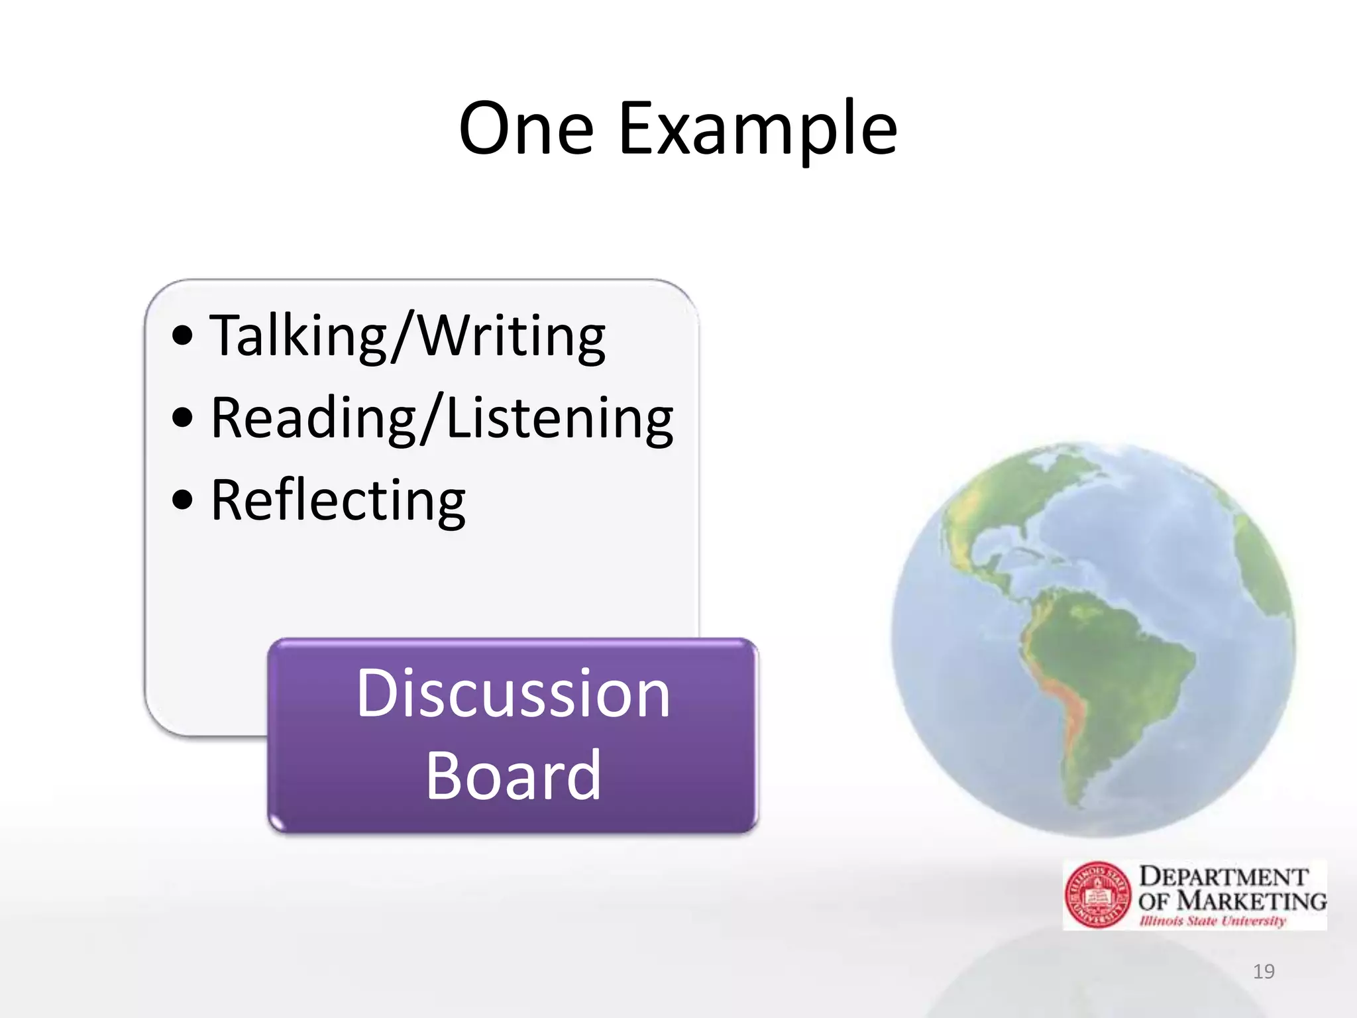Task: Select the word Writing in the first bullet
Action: pos(512,336)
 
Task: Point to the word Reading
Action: pos(313,418)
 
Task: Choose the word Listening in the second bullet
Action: pos(560,418)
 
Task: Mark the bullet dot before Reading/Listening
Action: pos(182,418)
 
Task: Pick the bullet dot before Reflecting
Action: pos(182,500)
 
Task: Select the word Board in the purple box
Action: pos(513,775)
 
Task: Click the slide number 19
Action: pos(1264,972)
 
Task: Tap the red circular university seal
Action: pos(1098,895)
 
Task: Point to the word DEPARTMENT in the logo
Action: pos(1223,876)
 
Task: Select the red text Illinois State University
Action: pos(1212,921)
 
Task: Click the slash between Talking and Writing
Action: pos(404,336)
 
